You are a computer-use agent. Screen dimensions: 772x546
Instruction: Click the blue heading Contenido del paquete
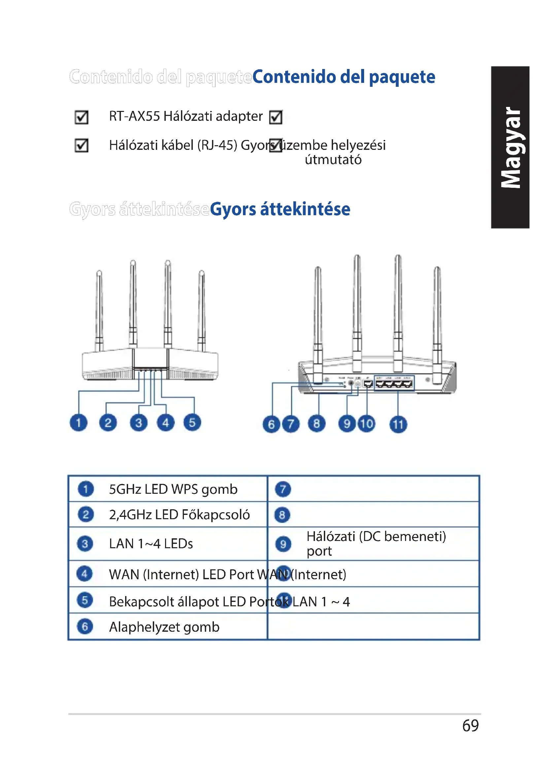coord(343,77)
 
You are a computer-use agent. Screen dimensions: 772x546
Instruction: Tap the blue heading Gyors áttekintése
coord(280,209)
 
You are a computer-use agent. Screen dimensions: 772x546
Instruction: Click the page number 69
coord(470,725)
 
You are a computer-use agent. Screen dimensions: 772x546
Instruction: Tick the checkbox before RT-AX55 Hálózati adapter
coord(81,117)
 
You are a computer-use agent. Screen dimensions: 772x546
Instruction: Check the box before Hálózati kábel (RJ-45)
coord(81,146)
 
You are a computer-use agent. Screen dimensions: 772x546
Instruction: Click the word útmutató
coord(333,160)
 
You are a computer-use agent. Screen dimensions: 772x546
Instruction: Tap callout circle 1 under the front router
coord(78,423)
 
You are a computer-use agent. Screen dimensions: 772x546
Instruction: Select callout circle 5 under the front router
coord(192,423)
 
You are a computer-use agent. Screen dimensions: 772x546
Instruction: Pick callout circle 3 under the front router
coord(139,423)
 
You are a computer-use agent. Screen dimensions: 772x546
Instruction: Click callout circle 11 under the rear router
coord(398,424)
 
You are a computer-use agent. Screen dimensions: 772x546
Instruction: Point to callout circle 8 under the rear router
coord(316,424)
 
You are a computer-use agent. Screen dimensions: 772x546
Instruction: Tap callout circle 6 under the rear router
coord(271,424)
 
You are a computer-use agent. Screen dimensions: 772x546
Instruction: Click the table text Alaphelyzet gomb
coord(164,627)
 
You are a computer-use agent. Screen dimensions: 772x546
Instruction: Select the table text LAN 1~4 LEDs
coord(151,544)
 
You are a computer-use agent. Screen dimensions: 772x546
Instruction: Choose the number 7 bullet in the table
coord(283,489)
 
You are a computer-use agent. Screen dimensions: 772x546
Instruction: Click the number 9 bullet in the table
coord(283,544)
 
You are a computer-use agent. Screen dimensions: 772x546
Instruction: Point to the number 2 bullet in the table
coord(85,515)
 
